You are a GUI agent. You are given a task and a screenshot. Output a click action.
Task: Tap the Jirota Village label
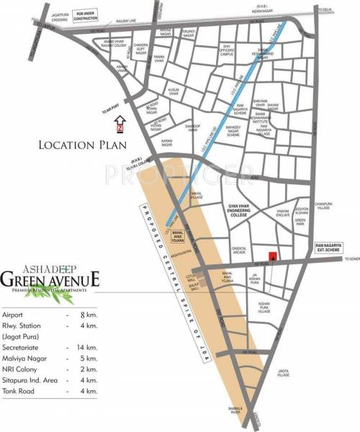(284, 374)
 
